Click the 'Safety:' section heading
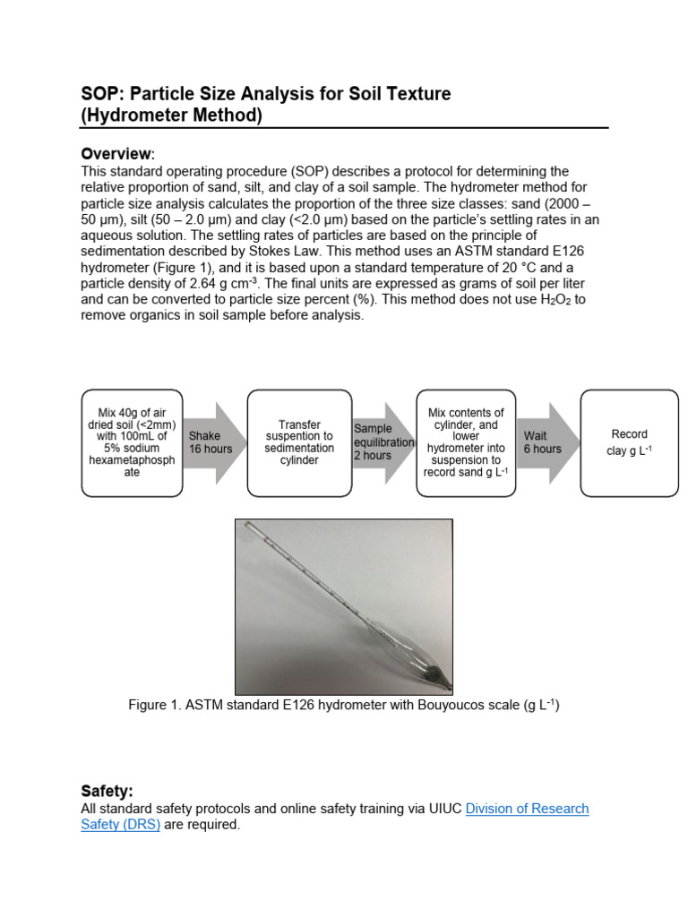107,791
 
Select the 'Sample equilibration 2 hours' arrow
383,442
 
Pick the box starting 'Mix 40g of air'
132,442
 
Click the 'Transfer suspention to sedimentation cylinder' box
298,442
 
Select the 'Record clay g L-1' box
629,442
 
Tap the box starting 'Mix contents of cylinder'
466,442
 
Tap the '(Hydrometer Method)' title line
172,116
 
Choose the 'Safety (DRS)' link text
120,825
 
